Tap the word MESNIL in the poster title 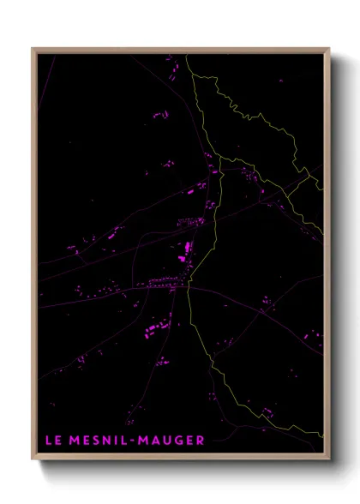98,441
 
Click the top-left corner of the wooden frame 33,49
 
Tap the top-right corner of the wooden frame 329,49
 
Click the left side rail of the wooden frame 33,257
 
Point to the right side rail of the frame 328,257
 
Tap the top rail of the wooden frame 180,50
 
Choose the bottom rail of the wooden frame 180,459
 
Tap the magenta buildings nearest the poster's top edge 170,61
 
